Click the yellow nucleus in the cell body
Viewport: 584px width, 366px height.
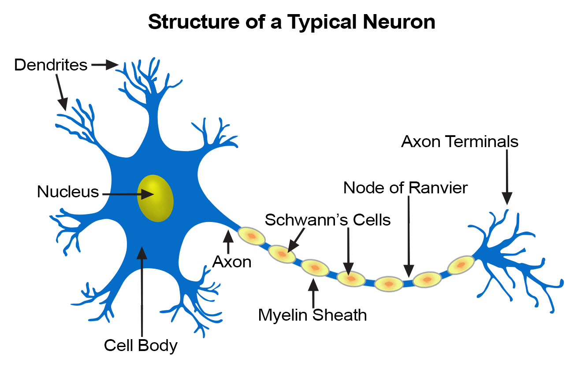[x=155, y=198]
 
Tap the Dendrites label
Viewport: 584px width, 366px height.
[x=51, y=65]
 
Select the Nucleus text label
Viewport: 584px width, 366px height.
[x=68, y=192]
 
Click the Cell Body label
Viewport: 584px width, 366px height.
[x=141, y=345]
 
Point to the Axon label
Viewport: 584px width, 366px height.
[x=232, y=262]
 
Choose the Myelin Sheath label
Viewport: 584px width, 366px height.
[x=312, y=315]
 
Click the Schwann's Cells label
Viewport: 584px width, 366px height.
[x=327, y=219]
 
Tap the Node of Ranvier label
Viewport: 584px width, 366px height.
[x=405, y=188]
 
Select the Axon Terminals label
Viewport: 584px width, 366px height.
[x=460, y=142]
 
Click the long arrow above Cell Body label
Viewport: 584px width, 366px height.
[x=141, y=291]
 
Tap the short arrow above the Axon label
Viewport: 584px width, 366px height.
[x=228, y=242]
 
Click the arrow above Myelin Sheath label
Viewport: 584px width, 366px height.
[x=313, y=292]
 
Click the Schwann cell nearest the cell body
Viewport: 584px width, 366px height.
[x=252, y=236]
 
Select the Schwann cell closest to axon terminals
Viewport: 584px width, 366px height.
[x=461, y=265]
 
